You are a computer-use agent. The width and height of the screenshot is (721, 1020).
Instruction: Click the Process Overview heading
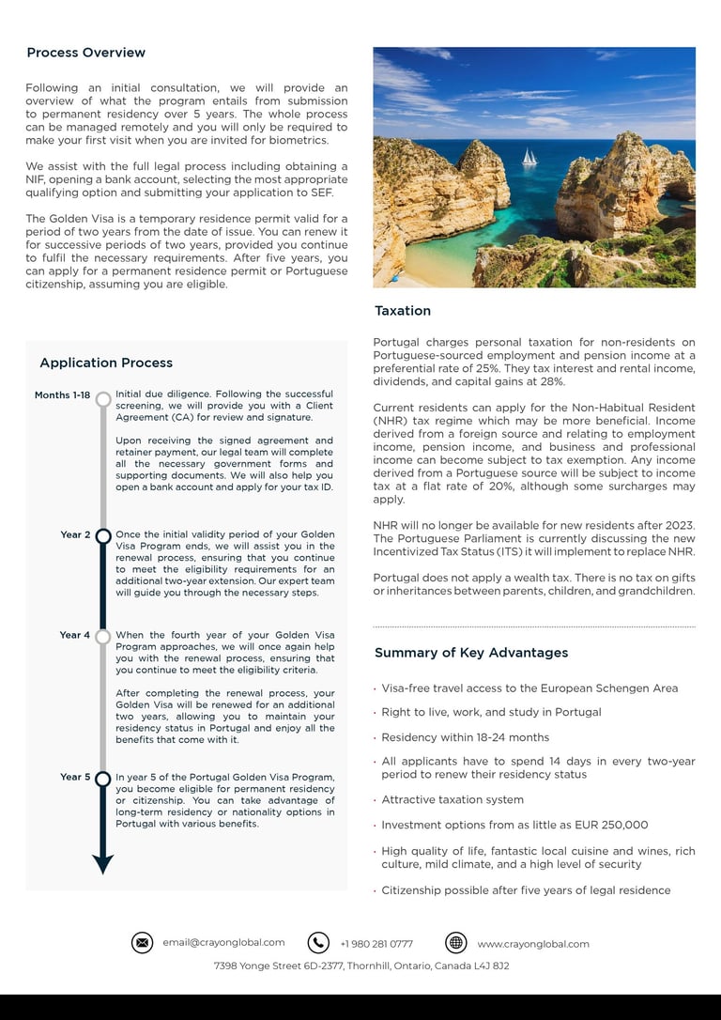(85, 53)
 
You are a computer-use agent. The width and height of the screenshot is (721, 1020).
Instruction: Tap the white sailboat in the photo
(529, 157)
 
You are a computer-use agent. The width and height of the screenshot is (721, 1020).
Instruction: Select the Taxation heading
(403, 311)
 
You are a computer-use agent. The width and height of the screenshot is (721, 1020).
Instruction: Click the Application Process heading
(106, 363)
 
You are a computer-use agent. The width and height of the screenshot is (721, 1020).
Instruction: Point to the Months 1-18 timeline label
(63, 395)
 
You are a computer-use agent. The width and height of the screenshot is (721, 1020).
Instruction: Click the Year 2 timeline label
(75, 535)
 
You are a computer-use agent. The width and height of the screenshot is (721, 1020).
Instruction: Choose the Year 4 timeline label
(75, 636)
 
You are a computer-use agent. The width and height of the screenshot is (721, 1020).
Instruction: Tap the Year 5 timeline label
(75, 778)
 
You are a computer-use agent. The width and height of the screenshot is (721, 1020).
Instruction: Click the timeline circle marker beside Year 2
(103, 536)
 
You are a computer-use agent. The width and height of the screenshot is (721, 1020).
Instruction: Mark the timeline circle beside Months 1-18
(103, 398)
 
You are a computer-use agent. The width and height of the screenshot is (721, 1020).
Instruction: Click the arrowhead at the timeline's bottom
(103, 864)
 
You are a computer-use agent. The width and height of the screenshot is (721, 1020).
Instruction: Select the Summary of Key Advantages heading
(471, 653)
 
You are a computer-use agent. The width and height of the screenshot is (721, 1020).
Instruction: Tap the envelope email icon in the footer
(142, 943)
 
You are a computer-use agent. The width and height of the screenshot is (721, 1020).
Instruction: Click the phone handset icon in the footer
(318, 943)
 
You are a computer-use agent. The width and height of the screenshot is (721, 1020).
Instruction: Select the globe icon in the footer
(456, 943)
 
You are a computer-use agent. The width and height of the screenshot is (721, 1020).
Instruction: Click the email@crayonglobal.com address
(223, 943)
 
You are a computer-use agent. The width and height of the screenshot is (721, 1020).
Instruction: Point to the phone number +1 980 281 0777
(376, 944)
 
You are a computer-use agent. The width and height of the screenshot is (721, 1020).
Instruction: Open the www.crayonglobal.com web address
(533, 944)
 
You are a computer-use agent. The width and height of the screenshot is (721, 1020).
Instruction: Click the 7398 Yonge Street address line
(361, 966)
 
